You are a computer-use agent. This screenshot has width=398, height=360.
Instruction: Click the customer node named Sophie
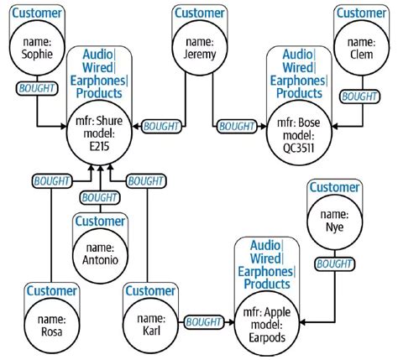tap(35, 49)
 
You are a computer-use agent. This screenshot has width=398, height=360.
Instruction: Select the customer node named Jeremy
tap(198, 48)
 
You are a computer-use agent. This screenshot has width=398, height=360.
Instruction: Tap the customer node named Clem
tap(359, 48)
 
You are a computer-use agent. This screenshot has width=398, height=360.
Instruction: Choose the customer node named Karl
tap(150, 323)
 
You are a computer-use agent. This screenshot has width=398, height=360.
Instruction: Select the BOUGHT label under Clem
tap(359, 97)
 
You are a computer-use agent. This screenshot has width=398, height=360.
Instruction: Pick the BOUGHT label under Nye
tap(334, 263)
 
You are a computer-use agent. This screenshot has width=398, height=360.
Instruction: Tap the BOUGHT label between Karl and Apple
tap(202, 321)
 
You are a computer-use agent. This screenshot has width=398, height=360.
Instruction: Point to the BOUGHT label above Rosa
tap(51, 180)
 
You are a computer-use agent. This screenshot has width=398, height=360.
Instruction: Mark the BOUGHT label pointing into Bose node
tap(237, 127)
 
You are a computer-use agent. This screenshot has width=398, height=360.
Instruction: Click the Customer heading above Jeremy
tap(198, 13)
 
